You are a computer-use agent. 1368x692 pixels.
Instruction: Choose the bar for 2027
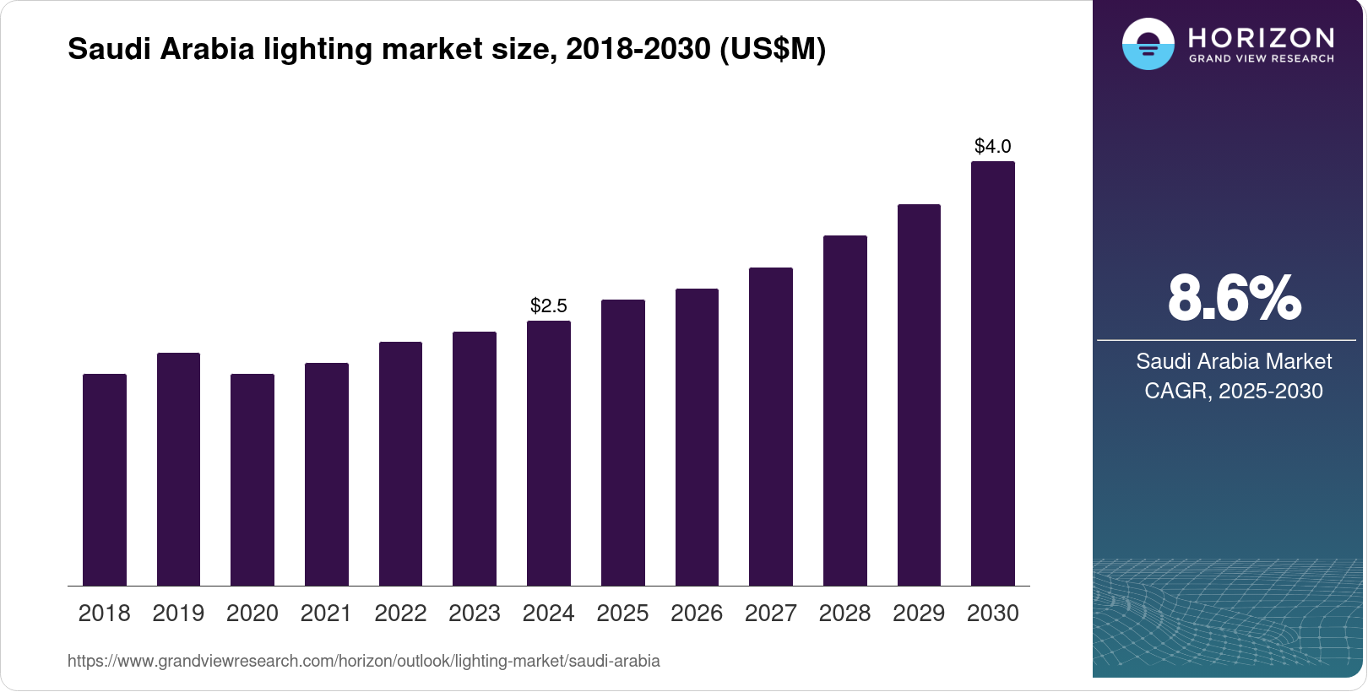point(771,426)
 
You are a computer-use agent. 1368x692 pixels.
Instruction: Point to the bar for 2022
point(400,463)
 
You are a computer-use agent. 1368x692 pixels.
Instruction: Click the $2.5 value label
point(549,305)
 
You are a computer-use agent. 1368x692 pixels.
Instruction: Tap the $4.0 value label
point(993,146)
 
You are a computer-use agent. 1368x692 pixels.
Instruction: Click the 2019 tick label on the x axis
point(178,614)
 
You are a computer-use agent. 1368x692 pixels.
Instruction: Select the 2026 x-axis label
point(697,614)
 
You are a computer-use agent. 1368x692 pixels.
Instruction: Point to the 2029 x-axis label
point(919,614)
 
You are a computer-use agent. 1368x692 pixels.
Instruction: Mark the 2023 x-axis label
point(475,614)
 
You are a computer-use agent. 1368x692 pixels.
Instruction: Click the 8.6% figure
point(1234,298)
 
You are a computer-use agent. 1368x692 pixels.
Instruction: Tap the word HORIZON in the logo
point(1262,37)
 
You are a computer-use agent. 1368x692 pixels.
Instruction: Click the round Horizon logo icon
point(1148,44)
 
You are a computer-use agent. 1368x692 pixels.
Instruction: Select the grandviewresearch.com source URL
point(364,661)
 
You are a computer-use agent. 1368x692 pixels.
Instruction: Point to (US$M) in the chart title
point(773,49)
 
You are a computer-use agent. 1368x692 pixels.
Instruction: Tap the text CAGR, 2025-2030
point(1234,391)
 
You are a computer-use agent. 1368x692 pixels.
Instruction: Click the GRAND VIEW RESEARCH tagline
point(1262,59)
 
